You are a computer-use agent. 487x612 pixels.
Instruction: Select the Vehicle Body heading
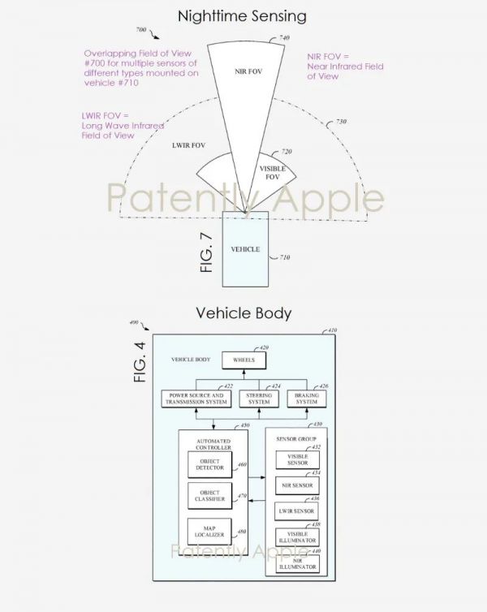click(243, 313)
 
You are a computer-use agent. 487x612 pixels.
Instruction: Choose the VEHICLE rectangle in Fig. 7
click(246, 249)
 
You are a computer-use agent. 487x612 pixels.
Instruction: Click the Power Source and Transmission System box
click(199, 399)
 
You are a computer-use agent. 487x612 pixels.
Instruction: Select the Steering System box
click(259, 399)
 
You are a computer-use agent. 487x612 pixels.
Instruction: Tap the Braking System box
click(306, 399)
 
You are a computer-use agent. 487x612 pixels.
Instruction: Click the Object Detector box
click(210, 465)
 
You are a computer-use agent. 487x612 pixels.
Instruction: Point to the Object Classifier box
click(210, 495)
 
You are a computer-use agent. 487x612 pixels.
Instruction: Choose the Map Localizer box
click(210, 532)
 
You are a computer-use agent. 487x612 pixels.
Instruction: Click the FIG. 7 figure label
click(206, 252)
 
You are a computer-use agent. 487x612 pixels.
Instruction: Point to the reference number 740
click(284, 38)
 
